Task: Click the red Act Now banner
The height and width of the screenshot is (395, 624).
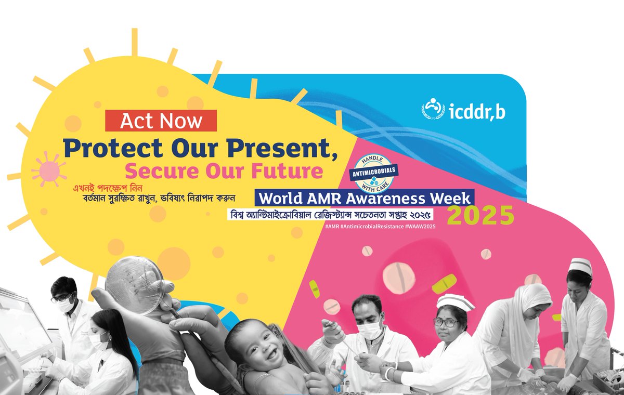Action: click(161, 121)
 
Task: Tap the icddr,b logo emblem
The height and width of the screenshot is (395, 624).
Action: click(431, 109)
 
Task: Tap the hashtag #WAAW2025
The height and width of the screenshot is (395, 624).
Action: click(415, 227)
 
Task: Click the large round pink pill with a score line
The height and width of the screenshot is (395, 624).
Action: click(399, 276)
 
